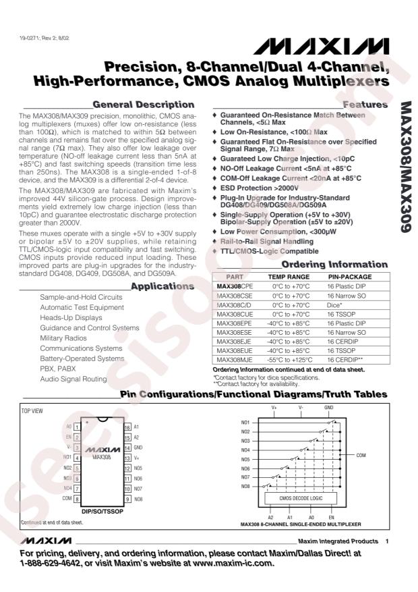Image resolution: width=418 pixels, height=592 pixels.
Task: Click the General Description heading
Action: coord(143,105)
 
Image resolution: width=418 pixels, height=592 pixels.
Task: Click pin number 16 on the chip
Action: coord(125,427)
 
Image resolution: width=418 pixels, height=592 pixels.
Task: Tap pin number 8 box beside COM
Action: coord(77,499)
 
